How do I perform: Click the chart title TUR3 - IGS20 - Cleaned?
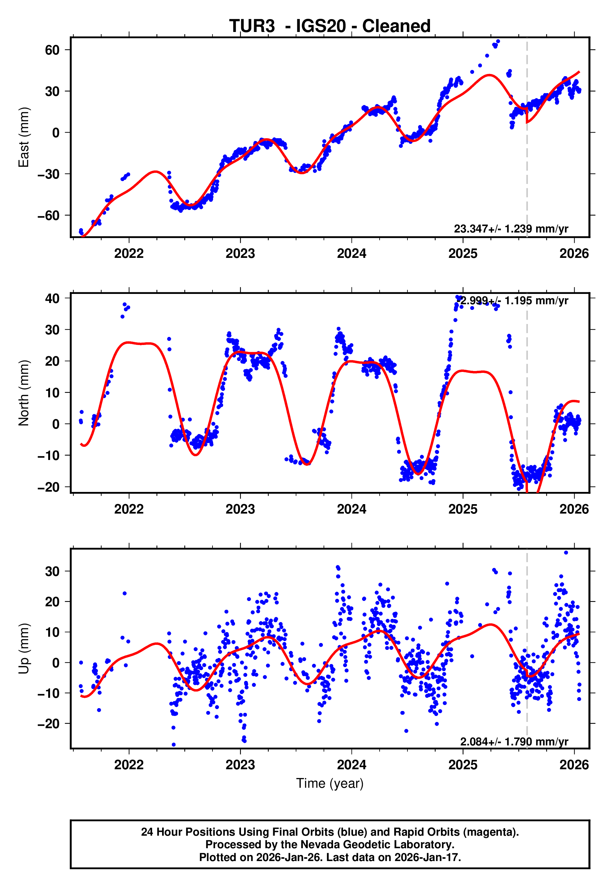coord(330,26)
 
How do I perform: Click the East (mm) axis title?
coord(24,137)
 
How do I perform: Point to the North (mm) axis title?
coord(24,393)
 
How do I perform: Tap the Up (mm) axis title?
coord(24,649)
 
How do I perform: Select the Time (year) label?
coord(330,784)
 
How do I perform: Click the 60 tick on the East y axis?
coord(52,50)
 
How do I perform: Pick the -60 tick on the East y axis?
coord(49,216)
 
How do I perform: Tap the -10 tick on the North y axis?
coord(49,456)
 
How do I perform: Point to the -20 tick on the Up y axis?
coord(49,724)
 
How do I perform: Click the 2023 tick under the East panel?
coord(240,254)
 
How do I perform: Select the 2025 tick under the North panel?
coord(463,509)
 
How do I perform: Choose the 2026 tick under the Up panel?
coord(574,765)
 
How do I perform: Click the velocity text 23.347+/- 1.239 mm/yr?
coord(511,229)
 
